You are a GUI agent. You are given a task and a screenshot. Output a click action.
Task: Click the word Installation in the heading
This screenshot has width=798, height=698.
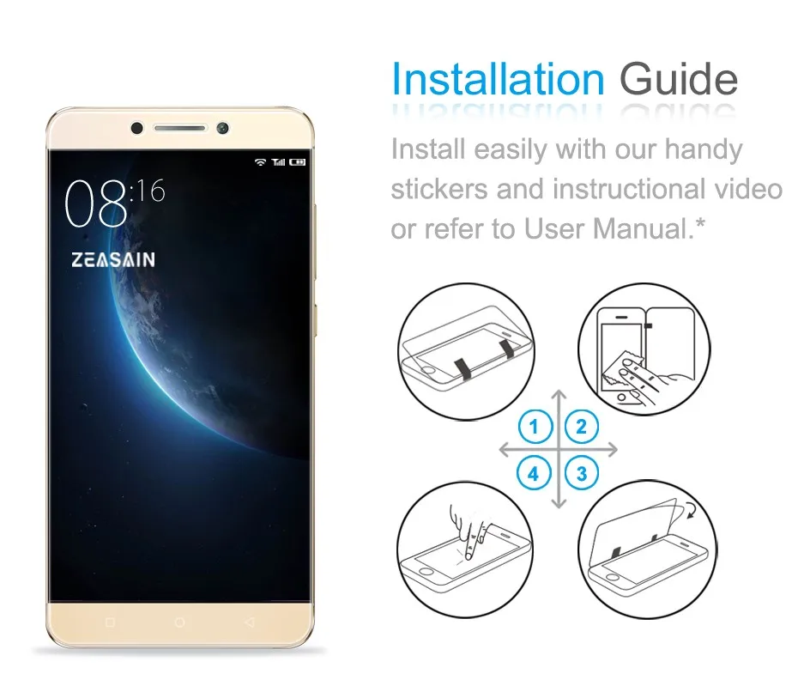tap(498, 79)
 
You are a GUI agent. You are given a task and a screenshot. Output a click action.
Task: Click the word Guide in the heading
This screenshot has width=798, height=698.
tap(678, 79)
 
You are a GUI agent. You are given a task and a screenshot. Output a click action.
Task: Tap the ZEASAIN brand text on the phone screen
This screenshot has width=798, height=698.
tap(113, 259)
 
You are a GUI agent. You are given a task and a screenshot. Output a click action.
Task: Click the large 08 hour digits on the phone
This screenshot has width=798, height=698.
tap(95, 205)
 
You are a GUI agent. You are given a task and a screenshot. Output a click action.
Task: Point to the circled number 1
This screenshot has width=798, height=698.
tap(535, 427)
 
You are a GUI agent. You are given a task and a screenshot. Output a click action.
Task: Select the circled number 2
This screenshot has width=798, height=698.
tap(582, 427)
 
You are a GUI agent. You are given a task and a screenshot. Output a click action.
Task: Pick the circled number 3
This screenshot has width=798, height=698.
tap(582, 472)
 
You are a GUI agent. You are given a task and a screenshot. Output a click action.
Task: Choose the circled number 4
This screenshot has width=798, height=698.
tap(535, 472)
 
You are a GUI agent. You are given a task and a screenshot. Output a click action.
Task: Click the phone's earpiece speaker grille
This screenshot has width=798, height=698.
tap(179, 129)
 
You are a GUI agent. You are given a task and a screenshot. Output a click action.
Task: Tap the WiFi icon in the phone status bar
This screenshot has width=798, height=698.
tap(260, 161)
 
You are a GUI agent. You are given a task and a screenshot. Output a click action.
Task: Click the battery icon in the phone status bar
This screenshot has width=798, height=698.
tap(297, 161)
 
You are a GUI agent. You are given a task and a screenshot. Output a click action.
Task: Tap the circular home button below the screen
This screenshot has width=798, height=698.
tap(179, 621)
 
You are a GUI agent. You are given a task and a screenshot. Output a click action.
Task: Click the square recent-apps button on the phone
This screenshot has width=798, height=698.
tap(109, 621)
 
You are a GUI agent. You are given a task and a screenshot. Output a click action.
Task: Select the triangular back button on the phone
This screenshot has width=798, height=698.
tap(249, 621)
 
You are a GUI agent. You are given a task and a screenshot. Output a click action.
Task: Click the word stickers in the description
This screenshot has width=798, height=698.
tap(439, 189)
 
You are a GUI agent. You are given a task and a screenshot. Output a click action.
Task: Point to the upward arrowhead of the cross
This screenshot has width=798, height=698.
tap(559, 396)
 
